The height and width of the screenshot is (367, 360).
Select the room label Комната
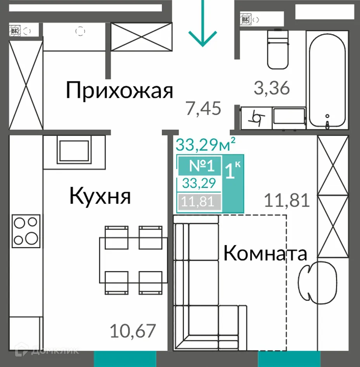(x=266, y=254)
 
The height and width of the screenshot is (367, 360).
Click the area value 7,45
(x=203, y=109)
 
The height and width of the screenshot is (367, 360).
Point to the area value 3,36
(x=272, y=88)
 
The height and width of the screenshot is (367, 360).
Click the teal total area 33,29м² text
(x=206, y=145)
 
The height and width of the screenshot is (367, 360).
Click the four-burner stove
(x=26, y=229)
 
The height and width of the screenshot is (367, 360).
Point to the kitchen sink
(x=74, y=149)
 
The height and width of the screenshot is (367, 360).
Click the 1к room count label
(x=233, y=171)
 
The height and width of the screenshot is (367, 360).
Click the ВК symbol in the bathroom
(x=246, y=19)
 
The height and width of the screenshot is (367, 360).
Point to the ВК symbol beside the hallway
(x=15, y=30)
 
